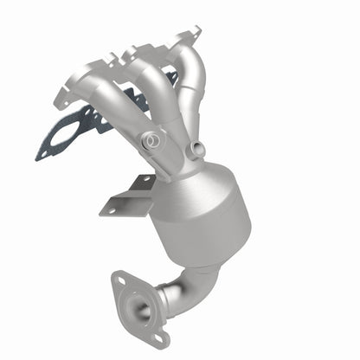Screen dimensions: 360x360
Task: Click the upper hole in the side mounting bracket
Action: point(138,181)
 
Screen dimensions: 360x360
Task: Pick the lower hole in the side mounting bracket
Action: point(109,205)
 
